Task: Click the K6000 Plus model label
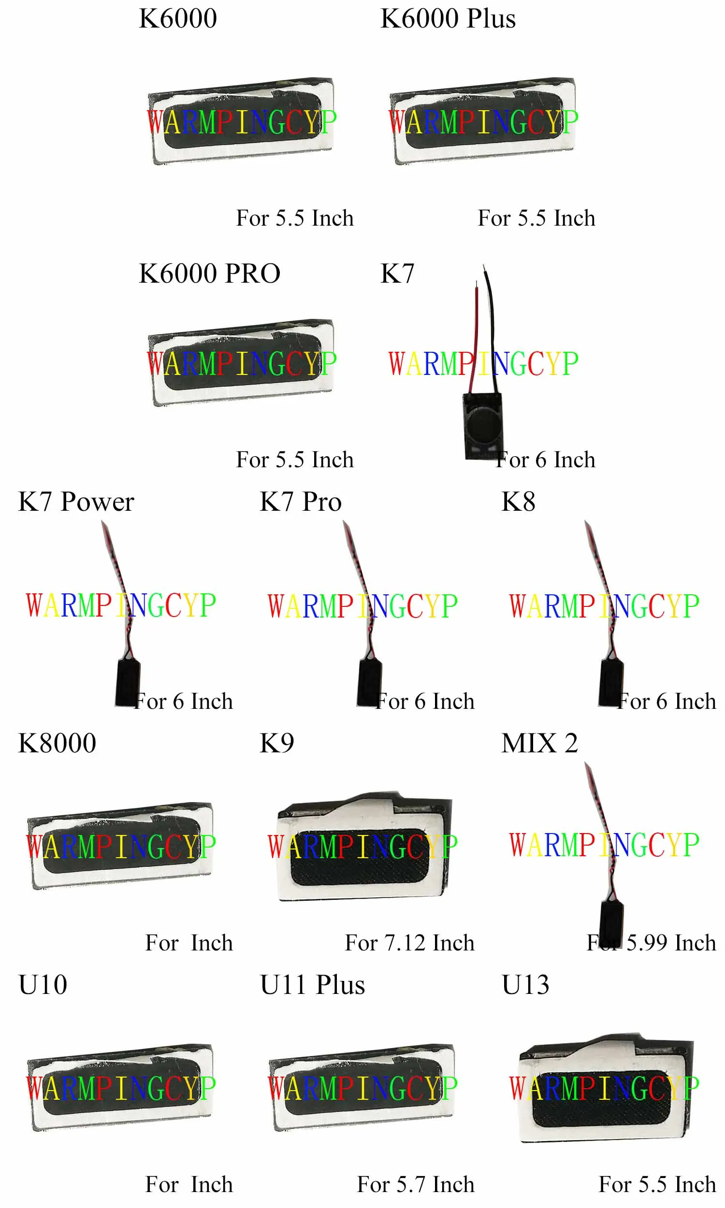[x=448, y=18]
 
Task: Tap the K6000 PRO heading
[x=210, y=273]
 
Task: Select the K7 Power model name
[x=76, y=502]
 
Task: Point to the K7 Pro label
[x=301, y=502]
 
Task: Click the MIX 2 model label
[x=539, y=743]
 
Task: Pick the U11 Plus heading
[x=313, y=985]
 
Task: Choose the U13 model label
[x=525, y=985]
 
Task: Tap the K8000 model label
[x=57, y=743]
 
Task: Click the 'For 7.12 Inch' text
[x=409, y=943]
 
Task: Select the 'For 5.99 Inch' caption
[x=651, y=943]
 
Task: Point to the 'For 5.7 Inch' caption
[x=415, y=1184]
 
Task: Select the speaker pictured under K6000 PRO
[x=241, y=362]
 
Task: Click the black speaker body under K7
[x=483, y=426]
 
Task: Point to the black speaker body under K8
[x=610, y=682]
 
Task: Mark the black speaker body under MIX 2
[x=610, y=923]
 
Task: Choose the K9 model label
[x=276, y=743]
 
